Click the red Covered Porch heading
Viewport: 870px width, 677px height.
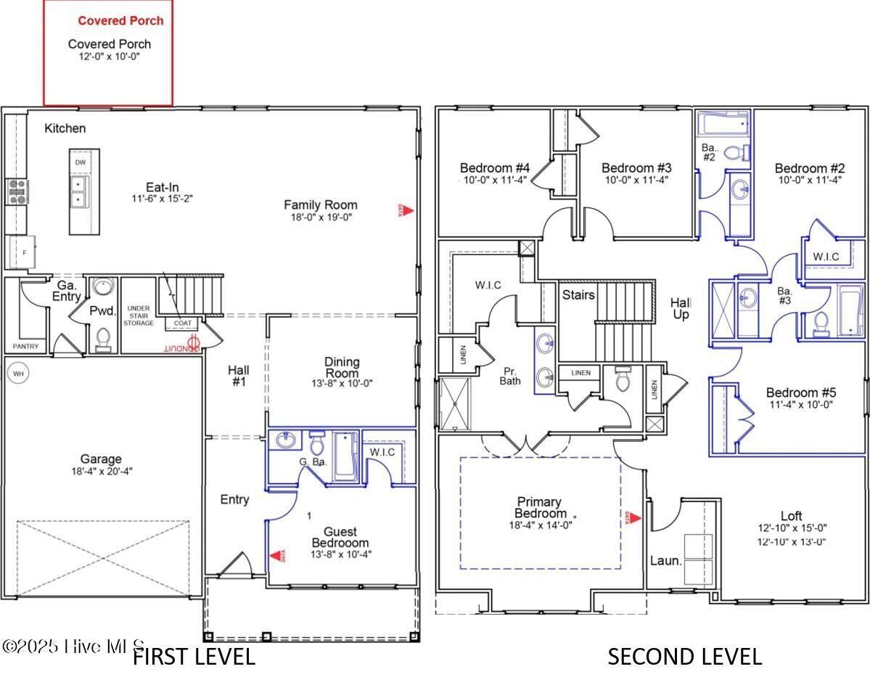pyautogui.click(x=120, y=20)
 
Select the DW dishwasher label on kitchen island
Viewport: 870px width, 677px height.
pyautogui.click(x=80, y=162)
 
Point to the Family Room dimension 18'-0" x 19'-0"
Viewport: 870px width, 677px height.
pyautogui.click(x=320, y=217)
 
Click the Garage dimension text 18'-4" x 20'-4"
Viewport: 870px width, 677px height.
pyautogui.click(x=101, y=471)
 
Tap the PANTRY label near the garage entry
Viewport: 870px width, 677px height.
pyautogui.click(x=25, y=347)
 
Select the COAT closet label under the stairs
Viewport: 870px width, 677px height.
pyautogui.click(x=183, y=323)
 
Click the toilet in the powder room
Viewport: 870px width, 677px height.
pyautogui.click(x=103, y=337)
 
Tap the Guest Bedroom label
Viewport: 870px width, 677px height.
pyautogui.click(x=340, y=537)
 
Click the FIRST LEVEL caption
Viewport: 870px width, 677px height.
pyautogui.click(x=194, y=657)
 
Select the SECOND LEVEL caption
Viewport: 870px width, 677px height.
pyautogui.click(x=684, y=657)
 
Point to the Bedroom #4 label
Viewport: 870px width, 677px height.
pyautogui.click(x=495, y=168)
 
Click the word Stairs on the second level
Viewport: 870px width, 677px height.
pyautogui.click(x=578, y=295)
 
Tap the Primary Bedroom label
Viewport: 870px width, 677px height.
pyautogui.click(x=539, y=507)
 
